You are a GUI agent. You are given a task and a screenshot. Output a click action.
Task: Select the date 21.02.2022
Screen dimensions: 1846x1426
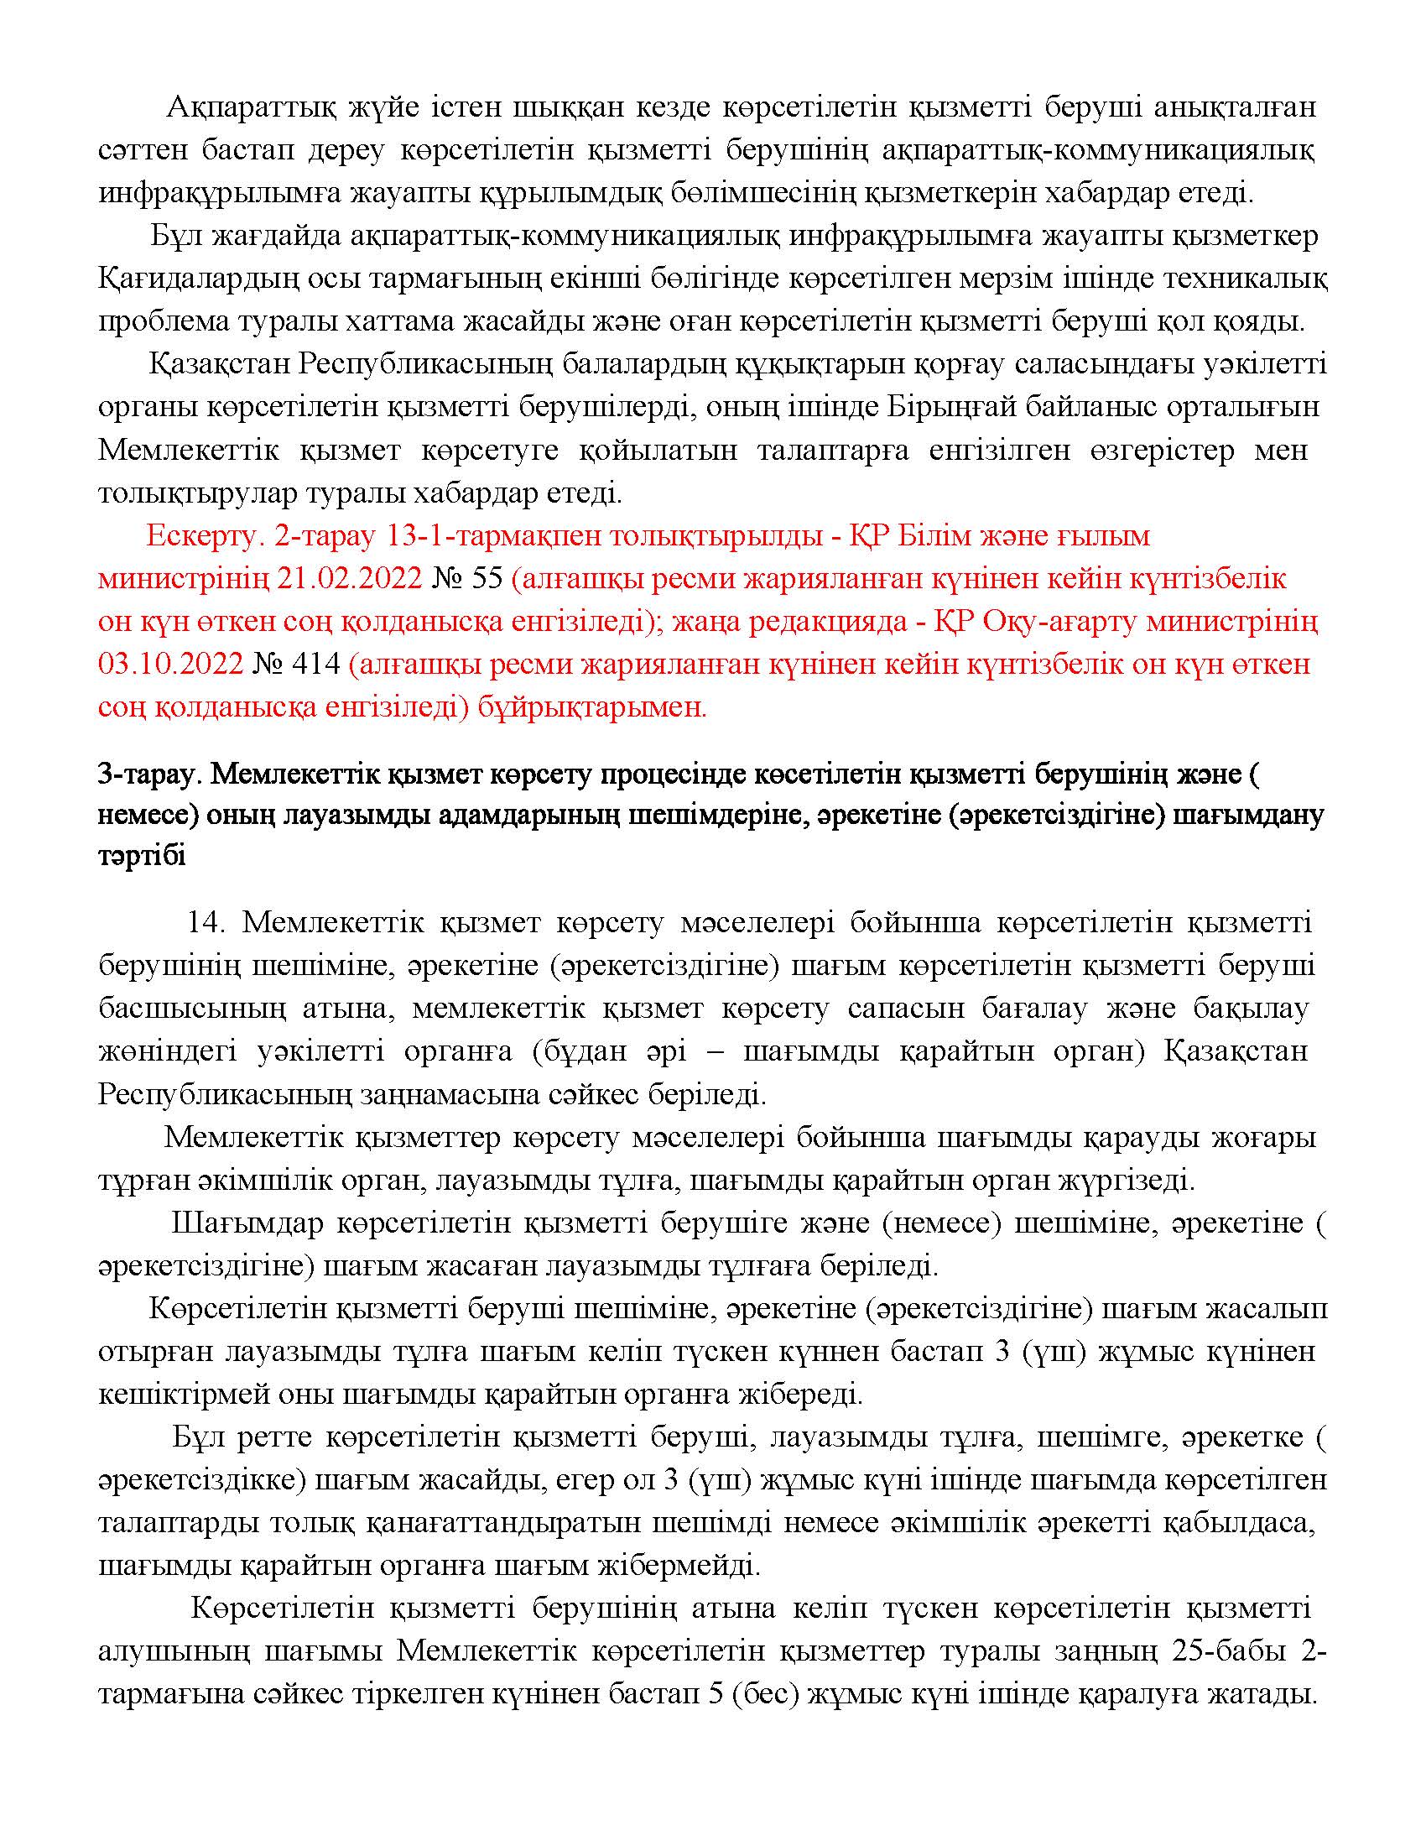[349, 579]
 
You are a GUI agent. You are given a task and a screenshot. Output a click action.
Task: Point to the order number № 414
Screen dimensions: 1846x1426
[295, 665]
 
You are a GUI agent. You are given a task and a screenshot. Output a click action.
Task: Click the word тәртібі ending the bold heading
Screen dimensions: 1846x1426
[141, 856]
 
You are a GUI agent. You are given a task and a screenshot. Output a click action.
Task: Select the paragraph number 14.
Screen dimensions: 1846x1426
[206, 921]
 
